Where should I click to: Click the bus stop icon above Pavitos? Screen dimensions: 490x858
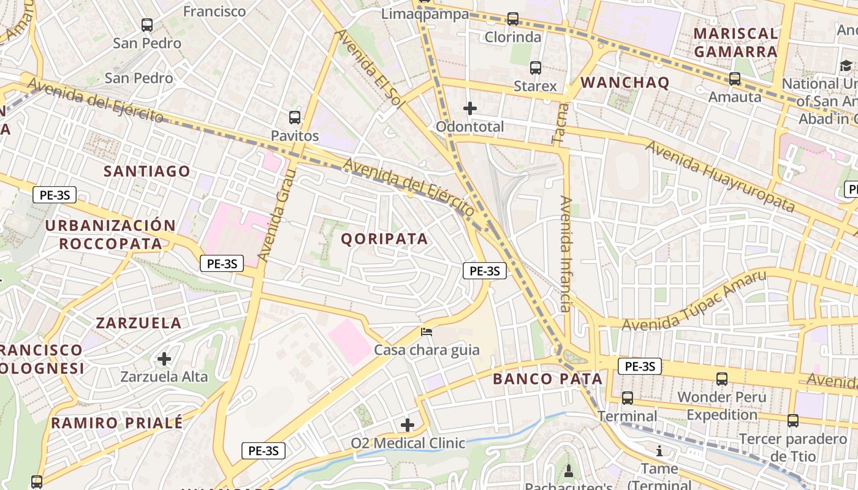(295, 117)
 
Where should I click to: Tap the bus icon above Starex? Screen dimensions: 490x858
(536, 68)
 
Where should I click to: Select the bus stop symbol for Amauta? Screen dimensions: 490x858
(734, 79)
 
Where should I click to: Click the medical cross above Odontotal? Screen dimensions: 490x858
(470, 108)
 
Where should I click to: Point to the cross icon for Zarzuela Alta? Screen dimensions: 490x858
(164, 358)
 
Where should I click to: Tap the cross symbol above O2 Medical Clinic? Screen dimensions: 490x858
(408, 424)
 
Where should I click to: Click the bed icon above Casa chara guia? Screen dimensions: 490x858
(427, 332)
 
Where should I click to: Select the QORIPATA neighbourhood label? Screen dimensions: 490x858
(384, 239)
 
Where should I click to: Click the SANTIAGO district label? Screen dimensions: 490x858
(147, 171)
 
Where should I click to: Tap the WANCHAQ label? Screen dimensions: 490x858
(625, 83)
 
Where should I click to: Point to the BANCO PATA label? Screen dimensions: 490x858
(548, 379)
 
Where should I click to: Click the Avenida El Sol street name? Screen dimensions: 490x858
(370, 69)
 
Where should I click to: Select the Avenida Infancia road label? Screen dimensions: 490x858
(566, 254)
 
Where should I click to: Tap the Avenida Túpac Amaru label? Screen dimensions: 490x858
(694, 301)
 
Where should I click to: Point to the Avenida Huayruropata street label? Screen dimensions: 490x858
(719, 176)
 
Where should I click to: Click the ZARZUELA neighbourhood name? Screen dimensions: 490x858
(139, 323)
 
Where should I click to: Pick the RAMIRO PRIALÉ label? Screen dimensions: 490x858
(117, 423)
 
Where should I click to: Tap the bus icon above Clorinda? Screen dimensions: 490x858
(513, 19)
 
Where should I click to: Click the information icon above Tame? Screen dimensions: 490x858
(659, 451)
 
